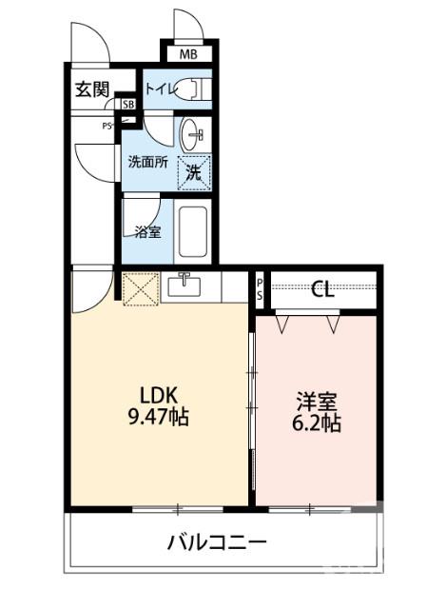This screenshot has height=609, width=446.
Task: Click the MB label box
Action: click(188, 54)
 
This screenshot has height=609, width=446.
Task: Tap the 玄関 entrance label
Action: click(92, 90)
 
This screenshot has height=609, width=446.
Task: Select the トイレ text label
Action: click(159, 90)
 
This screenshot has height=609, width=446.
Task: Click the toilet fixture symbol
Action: click(193, 90)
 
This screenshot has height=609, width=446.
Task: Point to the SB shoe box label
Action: click(127, 103)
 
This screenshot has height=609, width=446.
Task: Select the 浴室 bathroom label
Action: click(147, 230)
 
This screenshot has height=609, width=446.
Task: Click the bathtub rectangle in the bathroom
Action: click(194, 233)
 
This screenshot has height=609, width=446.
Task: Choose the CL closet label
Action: click(322, 290)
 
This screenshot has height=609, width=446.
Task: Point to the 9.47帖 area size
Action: click(154, 417)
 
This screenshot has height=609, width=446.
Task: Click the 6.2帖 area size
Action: click(316, 423)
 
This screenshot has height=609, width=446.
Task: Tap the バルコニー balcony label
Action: click(217, 543)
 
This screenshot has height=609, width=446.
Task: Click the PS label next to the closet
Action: click(260, 289)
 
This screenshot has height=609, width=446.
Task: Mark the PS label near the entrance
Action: click(109, 124)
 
